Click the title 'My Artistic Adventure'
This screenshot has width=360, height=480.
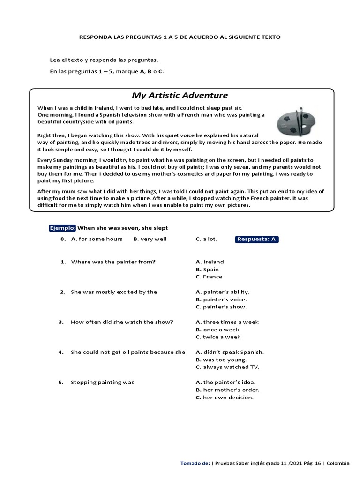(x=180, y=95)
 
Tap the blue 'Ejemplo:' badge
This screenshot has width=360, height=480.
(x=62, y=228)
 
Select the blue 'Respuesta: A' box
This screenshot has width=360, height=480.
(x=257, y=239)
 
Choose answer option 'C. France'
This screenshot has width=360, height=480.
(x=209, y=277)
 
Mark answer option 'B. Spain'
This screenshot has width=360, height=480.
(x=207, y=269)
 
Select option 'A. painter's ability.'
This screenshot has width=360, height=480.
(x=223, y=292)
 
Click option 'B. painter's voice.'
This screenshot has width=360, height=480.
(x=221, y=299)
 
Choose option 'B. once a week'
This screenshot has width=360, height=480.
(x=218, y=330)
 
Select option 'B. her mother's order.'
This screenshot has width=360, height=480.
(x=227, y=390)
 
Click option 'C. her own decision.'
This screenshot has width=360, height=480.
(x=225, y=397)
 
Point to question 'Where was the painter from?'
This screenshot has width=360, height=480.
(x=113, y=262)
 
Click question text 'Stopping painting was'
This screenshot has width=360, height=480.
(x=102, y=382)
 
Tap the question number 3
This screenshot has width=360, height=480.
(x=60, y=322)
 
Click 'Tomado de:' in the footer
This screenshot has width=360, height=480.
(x=195, y=463)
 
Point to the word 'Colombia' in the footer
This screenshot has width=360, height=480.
(x=338, y=463)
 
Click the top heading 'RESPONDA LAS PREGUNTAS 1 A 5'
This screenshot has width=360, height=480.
(x=180, y=37)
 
